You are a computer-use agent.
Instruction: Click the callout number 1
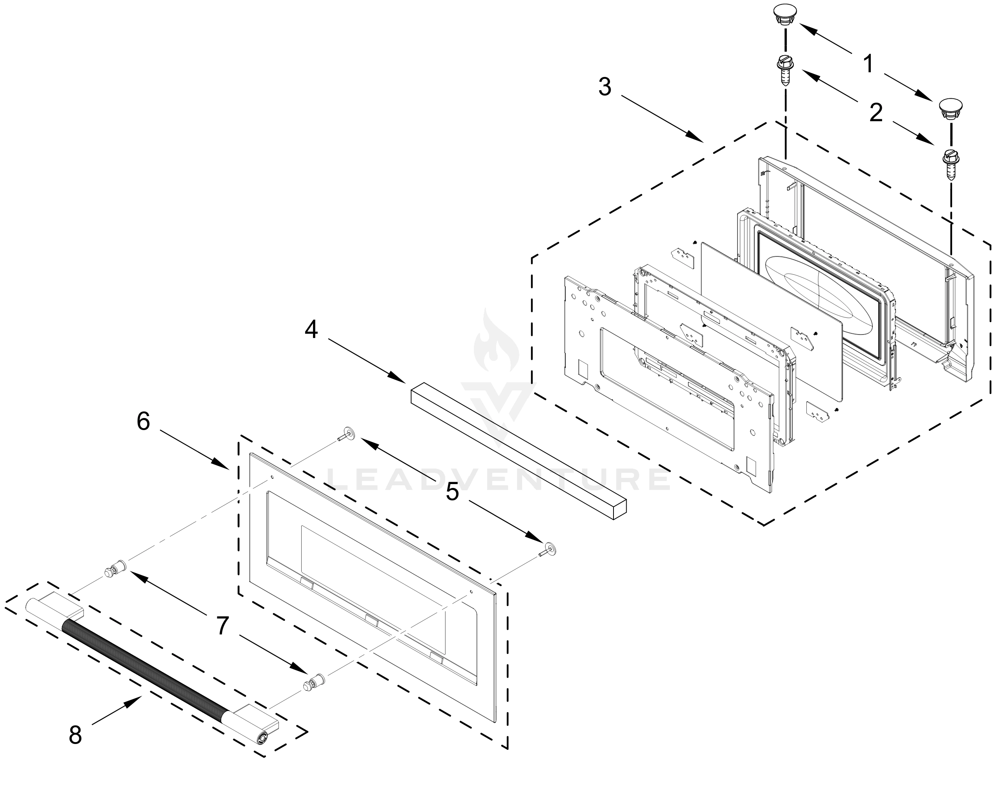pos(869,63)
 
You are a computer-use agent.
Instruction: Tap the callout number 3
pos(605,87)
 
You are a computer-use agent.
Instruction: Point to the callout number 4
pos(311,329)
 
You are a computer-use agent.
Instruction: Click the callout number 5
pos(452,492)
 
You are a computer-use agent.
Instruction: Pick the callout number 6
pos(143,422)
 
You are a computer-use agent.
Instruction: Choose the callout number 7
pos(223,626)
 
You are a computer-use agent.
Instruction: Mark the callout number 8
pos(75,735)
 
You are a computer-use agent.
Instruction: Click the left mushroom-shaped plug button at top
pos(786,15)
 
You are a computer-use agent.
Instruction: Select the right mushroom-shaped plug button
pos(950,109)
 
